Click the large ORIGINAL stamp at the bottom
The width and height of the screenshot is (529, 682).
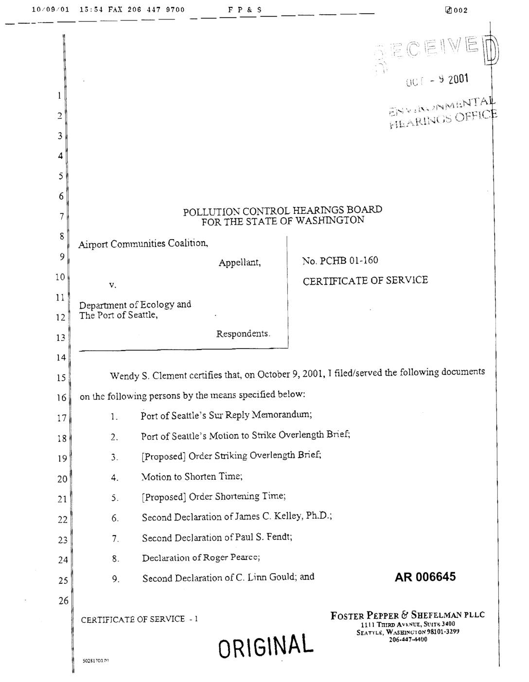pyautogui.click(x=265, y=644)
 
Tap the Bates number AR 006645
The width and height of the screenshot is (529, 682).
pyautogui.click(x=425, y=577)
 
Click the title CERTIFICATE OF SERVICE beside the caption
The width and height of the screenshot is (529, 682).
pyautogui.click(x=365, y=280)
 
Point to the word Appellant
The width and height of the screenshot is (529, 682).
pyautogui.click(x=239, y=263)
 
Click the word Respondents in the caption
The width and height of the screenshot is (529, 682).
pyautogui.click(x=243, y=334)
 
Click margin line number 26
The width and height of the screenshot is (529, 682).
pyautogui.click(x=63, y=601)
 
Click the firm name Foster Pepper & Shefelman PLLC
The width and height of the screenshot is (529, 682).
pyautogui.click(x=407, y=615)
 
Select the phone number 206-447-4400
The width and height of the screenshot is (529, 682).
pyautogui.click(x=408, y=639)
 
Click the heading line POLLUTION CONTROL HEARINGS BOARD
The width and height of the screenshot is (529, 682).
pyautogui.click(x=282, y=211)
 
